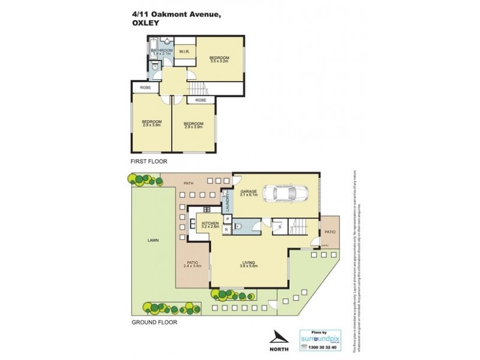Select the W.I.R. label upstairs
pos(184,51)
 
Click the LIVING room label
pos(248,263)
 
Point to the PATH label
pos(188,183)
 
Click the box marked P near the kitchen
pos(227,219)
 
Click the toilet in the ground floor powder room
pos(238,226)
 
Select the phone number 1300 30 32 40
pos(323,347)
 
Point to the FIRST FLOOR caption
pos(149,161)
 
